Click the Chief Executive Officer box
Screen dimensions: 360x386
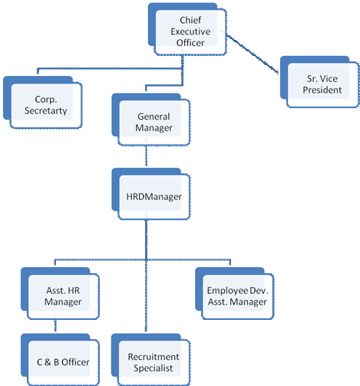[x=187, y=29]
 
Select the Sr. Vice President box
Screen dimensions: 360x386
[x=319, y=82]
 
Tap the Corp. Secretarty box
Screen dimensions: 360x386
[x=42, y=102]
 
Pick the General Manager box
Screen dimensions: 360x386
[x=151, y=120]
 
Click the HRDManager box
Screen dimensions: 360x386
[x=151, y=194]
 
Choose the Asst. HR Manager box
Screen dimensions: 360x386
[x=60, y=293]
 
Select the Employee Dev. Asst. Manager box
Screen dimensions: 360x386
[x=235, y=293]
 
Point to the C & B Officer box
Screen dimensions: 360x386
[x=60, y=360]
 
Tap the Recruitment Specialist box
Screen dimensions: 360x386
[x=151, y=360]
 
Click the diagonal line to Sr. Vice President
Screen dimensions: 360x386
[x=253, y=54]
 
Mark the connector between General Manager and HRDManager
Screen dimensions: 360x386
[x=146, y=156]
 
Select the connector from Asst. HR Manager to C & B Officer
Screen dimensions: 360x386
[x=55, y=325]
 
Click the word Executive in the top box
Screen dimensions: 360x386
[x=190, y=31]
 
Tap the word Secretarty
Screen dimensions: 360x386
[x=46, y=111]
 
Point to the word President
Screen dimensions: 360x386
[x=322, y=90]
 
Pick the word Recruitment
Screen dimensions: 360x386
[x=154, y=357]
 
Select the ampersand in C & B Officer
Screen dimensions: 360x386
[x=48, y=362]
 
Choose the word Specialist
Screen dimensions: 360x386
[x=153, y=368]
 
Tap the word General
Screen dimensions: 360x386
[x=154, y=117]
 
